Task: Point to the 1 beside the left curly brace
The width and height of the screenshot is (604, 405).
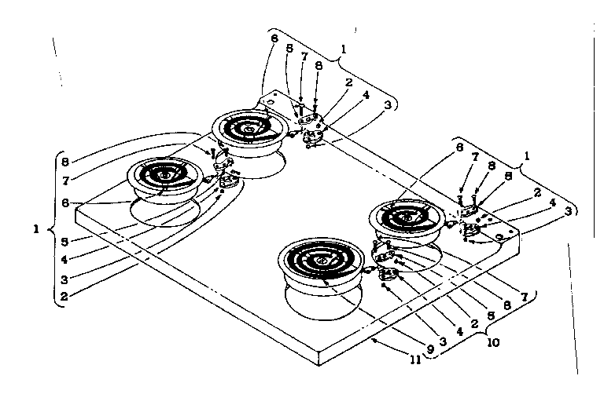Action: click(x=35, y=230)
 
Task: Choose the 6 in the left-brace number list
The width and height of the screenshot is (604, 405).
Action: click(x=64, y=202)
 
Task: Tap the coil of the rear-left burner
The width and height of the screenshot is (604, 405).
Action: click(x=247, y=128)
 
